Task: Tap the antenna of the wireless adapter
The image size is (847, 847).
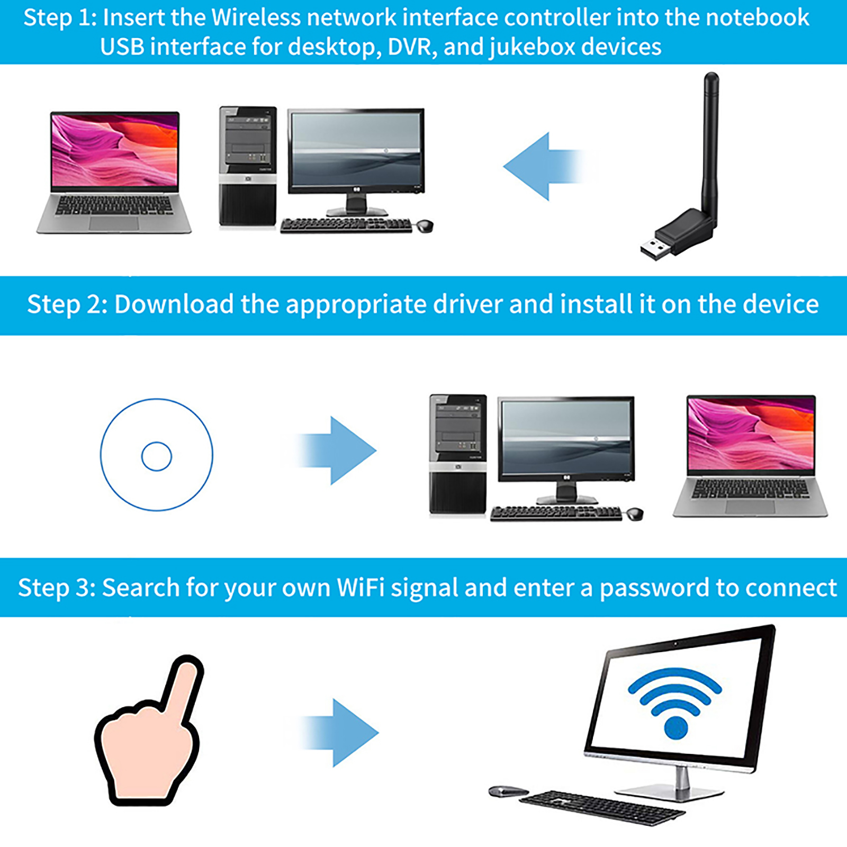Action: pos(709,143)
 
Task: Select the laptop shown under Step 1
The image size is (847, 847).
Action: pos(114,172)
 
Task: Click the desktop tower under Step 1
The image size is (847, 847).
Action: pos(248,167)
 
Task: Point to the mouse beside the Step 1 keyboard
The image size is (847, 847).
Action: pos(425,226)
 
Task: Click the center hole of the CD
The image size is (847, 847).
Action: pos(157,456)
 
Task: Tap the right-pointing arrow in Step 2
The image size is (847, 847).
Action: pos(337,450)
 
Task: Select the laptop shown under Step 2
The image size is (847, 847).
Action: pos(751,456)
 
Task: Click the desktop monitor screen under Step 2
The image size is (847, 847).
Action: pos(566,438)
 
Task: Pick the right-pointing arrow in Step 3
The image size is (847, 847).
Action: pos(339,733)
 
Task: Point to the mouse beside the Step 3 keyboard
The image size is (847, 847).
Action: pos(508,791)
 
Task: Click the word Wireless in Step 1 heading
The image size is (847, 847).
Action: pos(256,17)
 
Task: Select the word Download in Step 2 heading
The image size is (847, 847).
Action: pos(174,304)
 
